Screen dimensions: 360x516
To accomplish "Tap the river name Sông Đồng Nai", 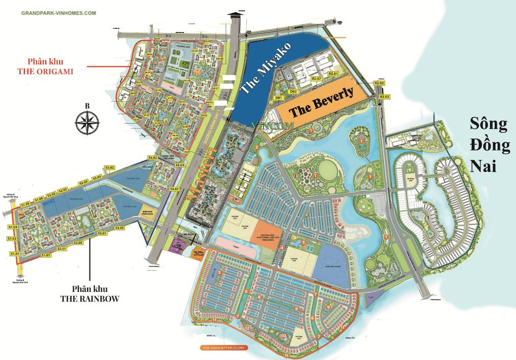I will (490, 145).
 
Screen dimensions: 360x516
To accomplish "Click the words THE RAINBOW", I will (88, 299).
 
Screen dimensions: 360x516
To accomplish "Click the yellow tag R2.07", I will (317, 79).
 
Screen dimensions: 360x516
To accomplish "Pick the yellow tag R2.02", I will (379, 83).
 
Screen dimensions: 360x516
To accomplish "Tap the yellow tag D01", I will (278, 97).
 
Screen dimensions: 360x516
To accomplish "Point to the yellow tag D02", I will (293, 92).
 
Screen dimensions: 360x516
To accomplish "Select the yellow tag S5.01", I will (175, 189).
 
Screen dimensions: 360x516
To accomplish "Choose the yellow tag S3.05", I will (120, 228).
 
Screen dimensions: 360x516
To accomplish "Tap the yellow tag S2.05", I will (77, 243).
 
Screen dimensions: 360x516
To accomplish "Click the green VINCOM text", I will (275, 124).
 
